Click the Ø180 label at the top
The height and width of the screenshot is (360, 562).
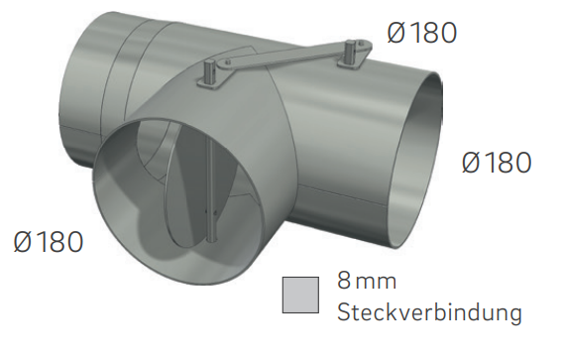pos(422,33)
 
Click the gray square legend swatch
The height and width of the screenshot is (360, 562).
pos(300,294)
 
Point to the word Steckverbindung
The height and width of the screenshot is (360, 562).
pos(429,312)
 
